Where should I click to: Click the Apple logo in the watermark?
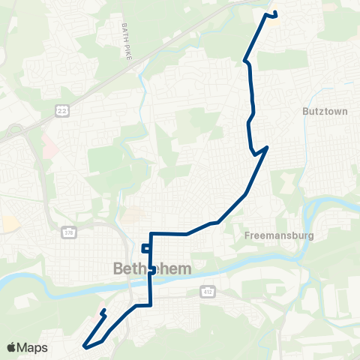pyautogui.click(x=11, y=347)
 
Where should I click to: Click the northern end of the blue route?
pyautogui.click(x=275, y=13)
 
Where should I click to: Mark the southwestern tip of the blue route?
pyautogui.click(x=85, y=347)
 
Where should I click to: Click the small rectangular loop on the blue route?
pyautogui.click(x=145, y=248)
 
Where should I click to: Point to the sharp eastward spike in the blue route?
pyautogui.click(x=267, y=147)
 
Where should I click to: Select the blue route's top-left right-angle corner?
pyautogui.click(x=151, y=233)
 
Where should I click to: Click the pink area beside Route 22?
pyautogui.click(x=49, y=143)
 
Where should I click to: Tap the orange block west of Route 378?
pyautogui.click(x=10, y=223)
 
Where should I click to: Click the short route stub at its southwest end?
pyautogui.click(x=103, y=310)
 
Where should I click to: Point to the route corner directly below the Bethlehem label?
pyautogui.click(x=151, y=305)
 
